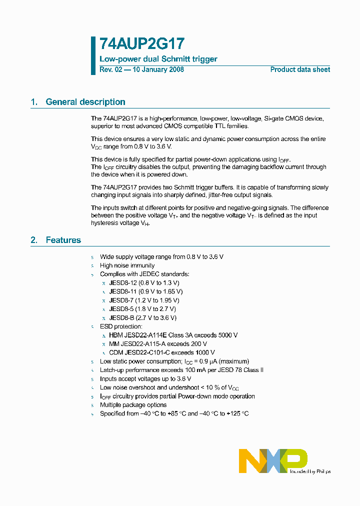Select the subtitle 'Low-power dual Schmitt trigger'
click(x=158, y=59)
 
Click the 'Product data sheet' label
click(x=300, y=69)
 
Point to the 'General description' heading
click(x=85, y=102)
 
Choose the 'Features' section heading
click(x=63, y=240)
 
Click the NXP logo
click(x=273, y=460)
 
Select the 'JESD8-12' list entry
click(x=123, y=282)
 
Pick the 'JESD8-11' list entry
click(x=123, y=291)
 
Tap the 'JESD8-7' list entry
click(x=121, y=300)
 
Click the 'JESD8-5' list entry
click(x=121, y=309)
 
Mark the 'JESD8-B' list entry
click(x=121, y=317)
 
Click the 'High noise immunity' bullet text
click(x=127, y=265)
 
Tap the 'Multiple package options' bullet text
click(x=133, y=405)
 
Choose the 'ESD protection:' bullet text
click(x=121, y=326)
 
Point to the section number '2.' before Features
click(x=34, y=240)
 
